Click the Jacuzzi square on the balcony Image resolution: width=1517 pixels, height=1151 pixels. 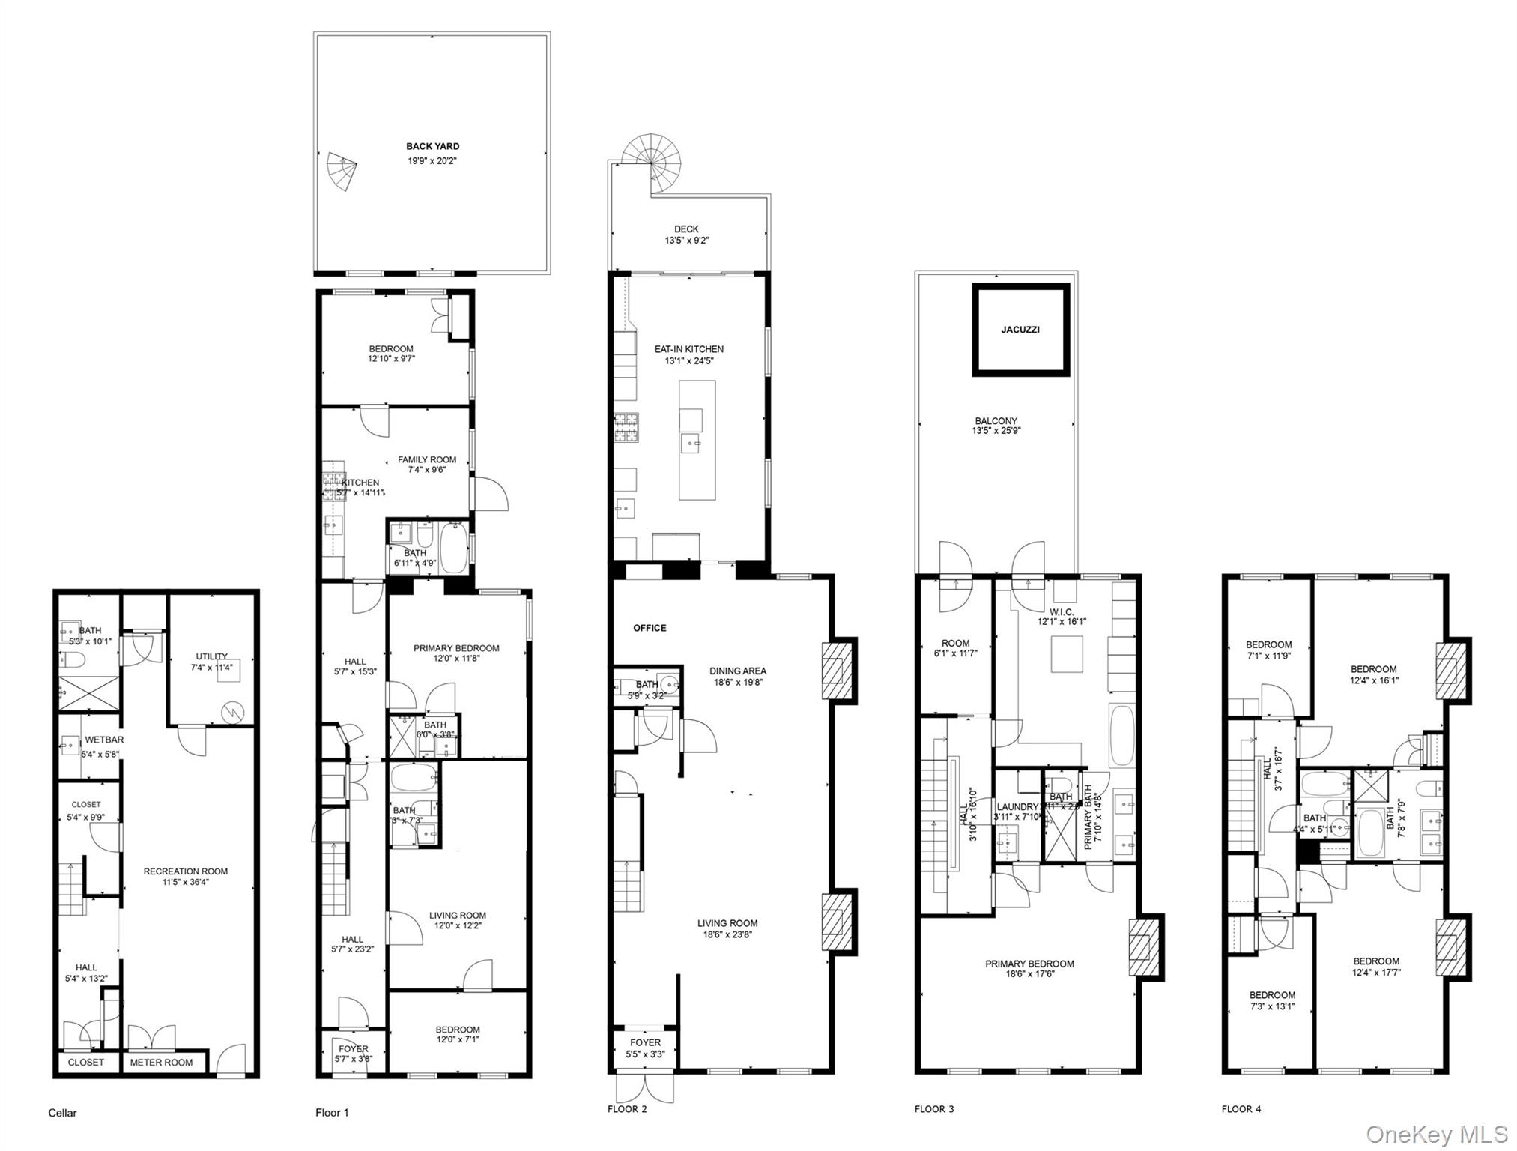[1020, 330]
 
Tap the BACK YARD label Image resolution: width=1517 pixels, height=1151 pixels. [432, 147]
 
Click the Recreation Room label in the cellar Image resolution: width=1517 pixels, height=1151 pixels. [186, 871]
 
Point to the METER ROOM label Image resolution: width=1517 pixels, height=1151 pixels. [161, 1063]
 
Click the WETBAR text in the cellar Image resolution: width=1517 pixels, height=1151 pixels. [104, 740]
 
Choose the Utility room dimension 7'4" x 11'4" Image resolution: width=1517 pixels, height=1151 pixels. [212, 668]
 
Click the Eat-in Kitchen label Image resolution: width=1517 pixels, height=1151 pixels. [688, 349]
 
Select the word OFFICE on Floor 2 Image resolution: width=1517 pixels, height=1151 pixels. [650, 628]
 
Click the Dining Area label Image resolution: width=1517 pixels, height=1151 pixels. [738, 671]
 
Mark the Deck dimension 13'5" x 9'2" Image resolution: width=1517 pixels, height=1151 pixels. [686, 241]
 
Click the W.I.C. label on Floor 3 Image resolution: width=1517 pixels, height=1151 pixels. [1062, 612]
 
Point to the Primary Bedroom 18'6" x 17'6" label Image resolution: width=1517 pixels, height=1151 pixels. [1029, 964]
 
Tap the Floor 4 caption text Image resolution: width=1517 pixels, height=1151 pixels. [1241, 1109]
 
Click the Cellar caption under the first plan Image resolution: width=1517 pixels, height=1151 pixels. [62, 1113]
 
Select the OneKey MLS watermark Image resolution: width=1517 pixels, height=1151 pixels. [1437, 1135]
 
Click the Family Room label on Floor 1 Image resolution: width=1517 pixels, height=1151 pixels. [427, 460]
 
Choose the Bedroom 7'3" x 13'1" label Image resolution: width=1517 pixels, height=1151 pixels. [1272, 996]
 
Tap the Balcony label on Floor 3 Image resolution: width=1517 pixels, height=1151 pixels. [996, 421]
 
